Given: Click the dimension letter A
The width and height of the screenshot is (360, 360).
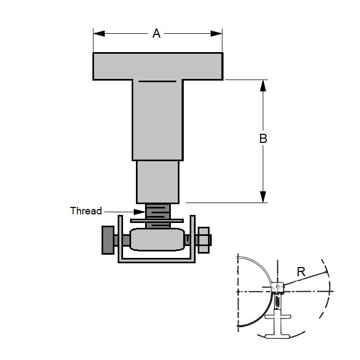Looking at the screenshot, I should [x=156, y=34].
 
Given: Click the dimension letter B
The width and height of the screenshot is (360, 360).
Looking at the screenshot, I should [x=263, y=139].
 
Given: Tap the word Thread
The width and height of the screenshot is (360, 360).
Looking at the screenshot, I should [x=86, y=211].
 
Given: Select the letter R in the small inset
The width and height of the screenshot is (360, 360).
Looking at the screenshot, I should [x=301, y=272].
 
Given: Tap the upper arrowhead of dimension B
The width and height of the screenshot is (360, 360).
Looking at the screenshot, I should [x=263, y=87].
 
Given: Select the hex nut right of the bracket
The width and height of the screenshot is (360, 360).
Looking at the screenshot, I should [x=204, y=240].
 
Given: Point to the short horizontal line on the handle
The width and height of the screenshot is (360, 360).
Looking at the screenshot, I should [x=157, y=82].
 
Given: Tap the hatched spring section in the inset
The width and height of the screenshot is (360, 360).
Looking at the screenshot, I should [x=277, y=302].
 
